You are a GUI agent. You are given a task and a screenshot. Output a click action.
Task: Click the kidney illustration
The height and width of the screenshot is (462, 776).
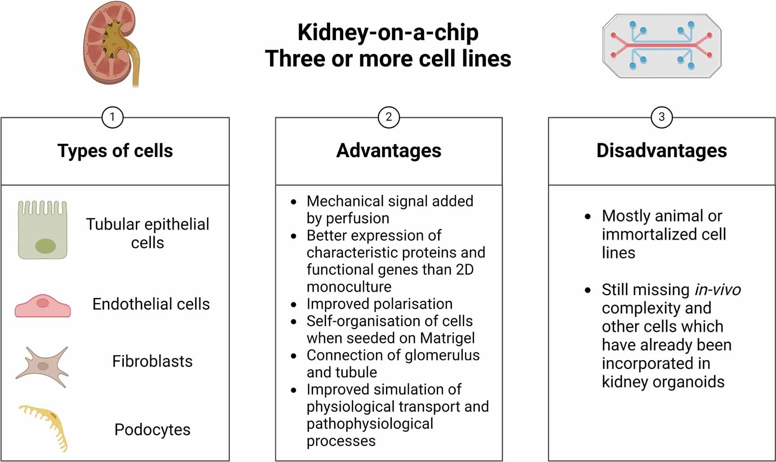click(x=110, y=43)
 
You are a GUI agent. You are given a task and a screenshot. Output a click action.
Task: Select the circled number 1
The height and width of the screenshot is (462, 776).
click(x=112, y=117)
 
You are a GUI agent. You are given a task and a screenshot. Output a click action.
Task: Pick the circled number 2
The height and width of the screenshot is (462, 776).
click(x=389, y=117)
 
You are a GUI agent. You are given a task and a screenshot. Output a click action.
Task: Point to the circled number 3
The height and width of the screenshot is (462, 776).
click(x=661, y=117)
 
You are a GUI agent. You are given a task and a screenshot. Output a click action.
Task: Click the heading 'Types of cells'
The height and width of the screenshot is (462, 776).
click(x=115, y=151)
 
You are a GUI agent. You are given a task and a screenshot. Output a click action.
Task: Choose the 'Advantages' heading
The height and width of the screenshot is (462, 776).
click(x=389, y=151)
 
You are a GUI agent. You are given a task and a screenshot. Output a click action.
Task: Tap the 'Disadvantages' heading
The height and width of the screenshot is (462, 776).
click(x=661, y=151)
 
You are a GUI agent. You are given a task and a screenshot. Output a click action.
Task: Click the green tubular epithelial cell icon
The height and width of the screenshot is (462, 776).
click(x=43, y=230)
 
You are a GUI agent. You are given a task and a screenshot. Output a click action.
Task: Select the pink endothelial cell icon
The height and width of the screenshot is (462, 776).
click(x=43, y=306)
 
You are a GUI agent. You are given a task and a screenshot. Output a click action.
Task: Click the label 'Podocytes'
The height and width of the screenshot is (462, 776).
click(x=152, y=430)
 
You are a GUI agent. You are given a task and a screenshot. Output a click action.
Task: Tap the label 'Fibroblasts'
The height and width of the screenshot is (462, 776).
click(x=152, y=361)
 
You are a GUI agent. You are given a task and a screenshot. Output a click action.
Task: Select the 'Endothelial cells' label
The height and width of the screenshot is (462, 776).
click(x=151, y=304)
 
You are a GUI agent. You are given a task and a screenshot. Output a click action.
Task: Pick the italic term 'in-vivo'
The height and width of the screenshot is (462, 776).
click(x=718, y=290)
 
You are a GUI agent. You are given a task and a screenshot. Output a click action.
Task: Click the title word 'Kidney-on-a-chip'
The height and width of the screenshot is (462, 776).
click(x=388, y=32)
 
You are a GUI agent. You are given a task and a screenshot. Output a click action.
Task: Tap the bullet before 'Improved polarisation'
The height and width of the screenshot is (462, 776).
click(x=294, y=305)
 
